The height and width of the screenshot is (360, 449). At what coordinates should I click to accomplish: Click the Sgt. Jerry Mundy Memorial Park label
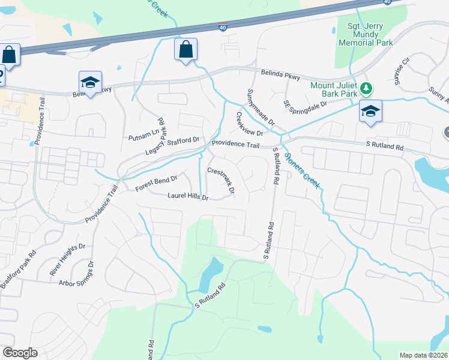click(365, 35)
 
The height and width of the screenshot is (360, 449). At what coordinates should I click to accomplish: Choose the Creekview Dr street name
click(250, 124)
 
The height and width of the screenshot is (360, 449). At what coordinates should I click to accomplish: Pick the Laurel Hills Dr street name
click(188, 196)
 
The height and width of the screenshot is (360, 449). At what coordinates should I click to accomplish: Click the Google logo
click(20, 353)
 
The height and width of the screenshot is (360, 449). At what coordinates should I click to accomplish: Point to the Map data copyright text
click(423, 355)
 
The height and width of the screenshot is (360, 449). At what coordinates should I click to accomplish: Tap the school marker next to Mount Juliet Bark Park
click(370, 112)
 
